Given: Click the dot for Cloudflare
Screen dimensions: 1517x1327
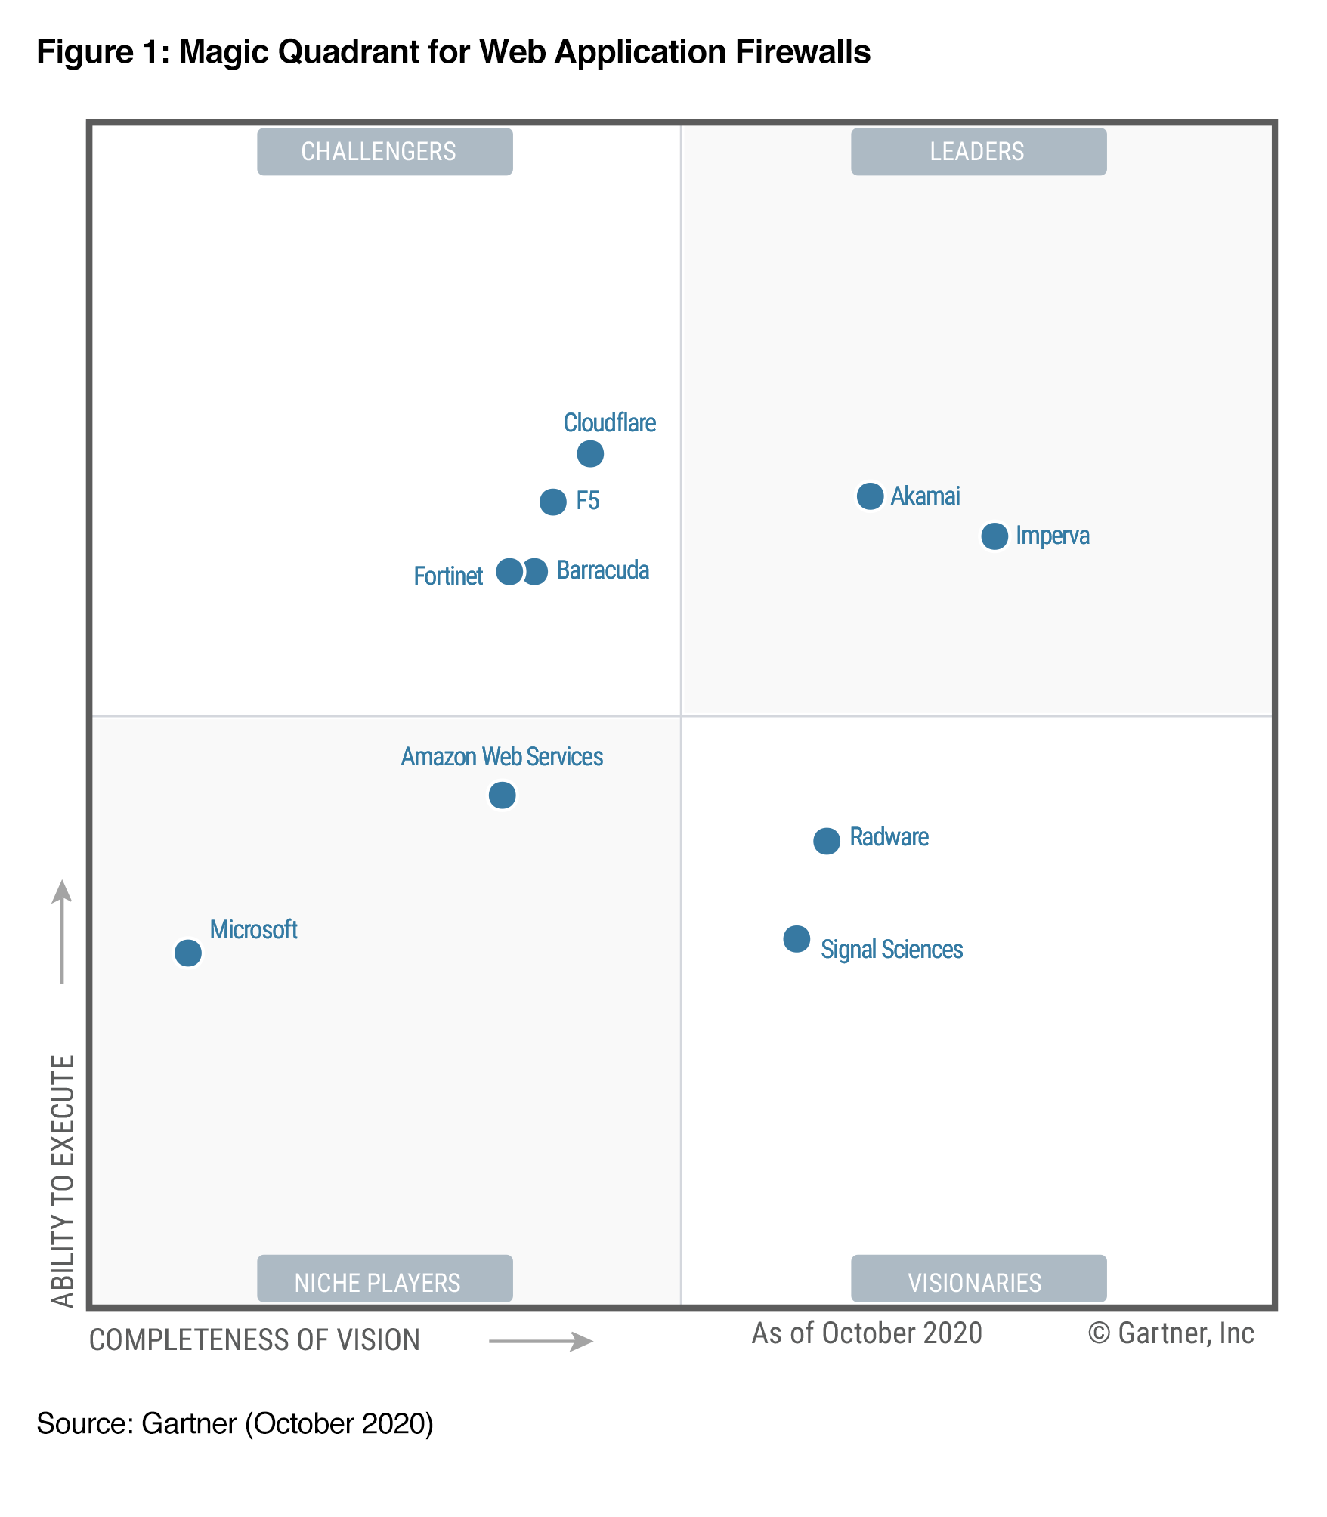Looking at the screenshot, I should click(x=590, y=454).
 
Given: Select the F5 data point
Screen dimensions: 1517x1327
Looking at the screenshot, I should click(x=553, y=502).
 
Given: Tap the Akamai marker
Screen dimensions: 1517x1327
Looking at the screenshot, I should click(x=870, y=496).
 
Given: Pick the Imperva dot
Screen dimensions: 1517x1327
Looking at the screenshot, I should click(x=994, y=536).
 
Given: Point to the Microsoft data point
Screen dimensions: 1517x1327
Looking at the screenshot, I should click(x=188, y=953).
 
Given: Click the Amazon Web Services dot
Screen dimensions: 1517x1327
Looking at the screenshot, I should click(x=502, y=796).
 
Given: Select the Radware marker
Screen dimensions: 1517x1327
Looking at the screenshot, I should click(x=827, y=841).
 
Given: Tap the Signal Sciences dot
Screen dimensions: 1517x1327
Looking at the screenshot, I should click(x=797, y=939).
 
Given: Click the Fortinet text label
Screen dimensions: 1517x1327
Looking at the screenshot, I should click(x=448, y=576).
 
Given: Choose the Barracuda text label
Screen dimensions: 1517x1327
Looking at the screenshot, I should click(x=603, y=570).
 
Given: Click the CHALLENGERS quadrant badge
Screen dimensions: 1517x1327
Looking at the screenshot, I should click(x=385, y=152).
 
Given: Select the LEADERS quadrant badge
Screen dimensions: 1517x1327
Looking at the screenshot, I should click(x=979, y=152).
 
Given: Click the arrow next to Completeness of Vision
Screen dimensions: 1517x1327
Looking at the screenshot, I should click(x=541, y=1342).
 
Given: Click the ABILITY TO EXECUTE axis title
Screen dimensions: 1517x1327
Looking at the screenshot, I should click(x=63, y=1182).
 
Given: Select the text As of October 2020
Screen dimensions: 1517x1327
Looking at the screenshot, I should click(x=867, y=1334).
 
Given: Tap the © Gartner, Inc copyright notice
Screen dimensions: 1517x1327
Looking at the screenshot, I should click(x=1171, y=1334).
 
